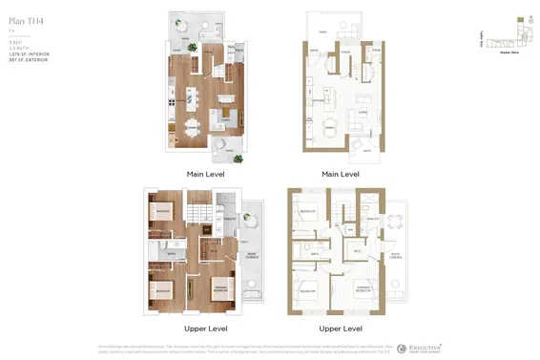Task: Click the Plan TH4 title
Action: [25, 20]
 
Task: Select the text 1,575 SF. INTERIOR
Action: [29, 54]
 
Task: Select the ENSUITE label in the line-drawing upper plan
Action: [371, 220]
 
